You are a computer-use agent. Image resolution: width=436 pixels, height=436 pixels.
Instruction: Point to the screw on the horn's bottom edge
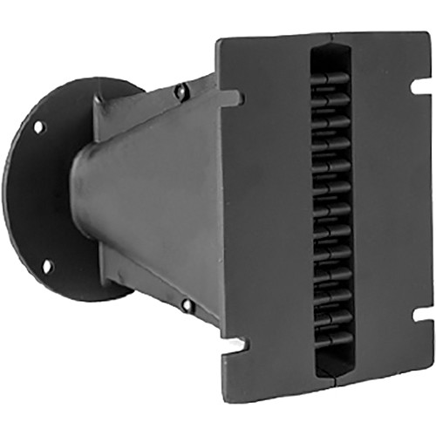coord(186,305)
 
